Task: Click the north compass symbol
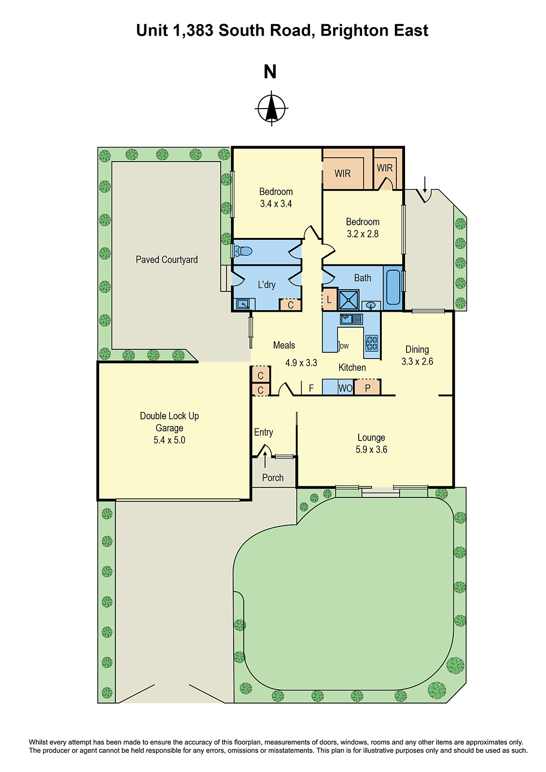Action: click(271, 109)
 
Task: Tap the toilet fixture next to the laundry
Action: click(242, 251)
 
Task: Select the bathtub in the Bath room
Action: click(393, 287)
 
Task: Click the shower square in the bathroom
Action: click(349, 300)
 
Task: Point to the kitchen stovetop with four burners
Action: click(371, 343)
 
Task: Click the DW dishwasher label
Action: click(344, 346)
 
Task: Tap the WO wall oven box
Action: click(345, 388)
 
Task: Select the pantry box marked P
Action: click(367, 388)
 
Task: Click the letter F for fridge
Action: click(311, 388)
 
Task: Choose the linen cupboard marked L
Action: click(329, 300)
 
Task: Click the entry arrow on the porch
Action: click(265, 460)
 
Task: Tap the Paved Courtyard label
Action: click(167, 260)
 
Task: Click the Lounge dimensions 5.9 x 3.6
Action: click(371, 450)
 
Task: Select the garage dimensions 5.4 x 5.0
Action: click(169, 440)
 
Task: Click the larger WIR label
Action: click(342, 173)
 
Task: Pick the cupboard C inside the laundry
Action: click(290, 305)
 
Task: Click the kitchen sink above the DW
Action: click(351, 319)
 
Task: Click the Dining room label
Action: click(417, 349)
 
